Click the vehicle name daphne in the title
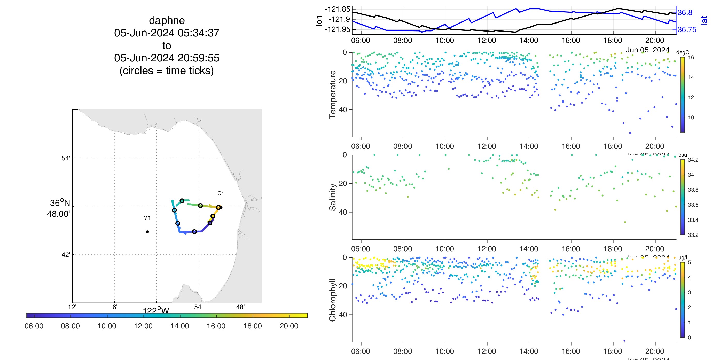pos(167,21)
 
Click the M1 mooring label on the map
pos(147,218)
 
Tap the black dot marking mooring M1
pos(147,232)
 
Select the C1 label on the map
pos(221,193)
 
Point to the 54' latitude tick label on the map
pos(66,159)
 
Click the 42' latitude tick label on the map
pos(66,255)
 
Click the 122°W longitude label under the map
pos(156,310)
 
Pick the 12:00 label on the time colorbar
pos(143,326)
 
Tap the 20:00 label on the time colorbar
pos(289,326)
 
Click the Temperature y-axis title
pos(332,95)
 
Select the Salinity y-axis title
pos(332,197)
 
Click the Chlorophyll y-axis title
pos(332,300)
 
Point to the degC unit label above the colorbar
pos(683,52)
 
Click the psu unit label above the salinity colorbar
pos(683,155)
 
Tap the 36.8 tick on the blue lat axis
pos(685,13)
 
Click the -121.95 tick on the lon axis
pos(337,29)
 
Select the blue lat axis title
pos(704,20)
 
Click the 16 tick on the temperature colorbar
pos(691,58)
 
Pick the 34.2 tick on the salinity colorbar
pos(693,160)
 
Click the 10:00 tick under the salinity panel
pos(445,249)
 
